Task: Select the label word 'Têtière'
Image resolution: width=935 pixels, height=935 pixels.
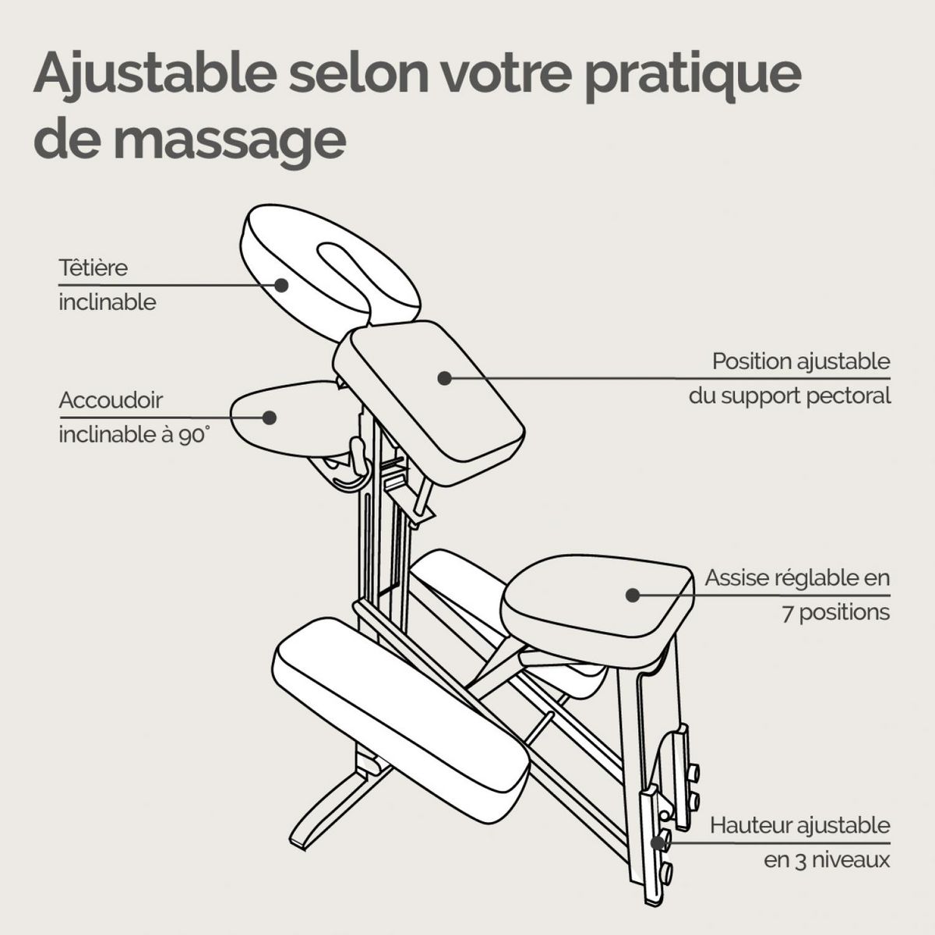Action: (x=93, y=267)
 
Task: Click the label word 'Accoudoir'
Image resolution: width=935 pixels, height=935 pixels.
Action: (x=111, y=400)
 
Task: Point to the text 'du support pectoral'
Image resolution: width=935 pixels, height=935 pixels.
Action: (x=789, y=396)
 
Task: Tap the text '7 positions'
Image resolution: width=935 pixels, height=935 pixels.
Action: (x=836, y=612)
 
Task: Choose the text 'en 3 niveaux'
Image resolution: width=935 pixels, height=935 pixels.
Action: (x=827, y=860)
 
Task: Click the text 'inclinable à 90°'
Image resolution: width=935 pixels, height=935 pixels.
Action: (x=134, y=435)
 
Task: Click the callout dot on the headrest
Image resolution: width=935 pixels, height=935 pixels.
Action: (x=281, y=285)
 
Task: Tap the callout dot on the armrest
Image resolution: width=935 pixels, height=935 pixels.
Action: (x=270, y=417)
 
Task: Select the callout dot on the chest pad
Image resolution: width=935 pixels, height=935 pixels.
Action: (x=444, y=378)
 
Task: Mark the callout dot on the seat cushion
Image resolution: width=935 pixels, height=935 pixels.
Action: (x=633, y=595)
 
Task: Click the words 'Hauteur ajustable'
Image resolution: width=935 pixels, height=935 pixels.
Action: (x=799, y=825)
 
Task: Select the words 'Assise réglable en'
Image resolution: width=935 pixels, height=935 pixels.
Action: (x=797, y=578)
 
